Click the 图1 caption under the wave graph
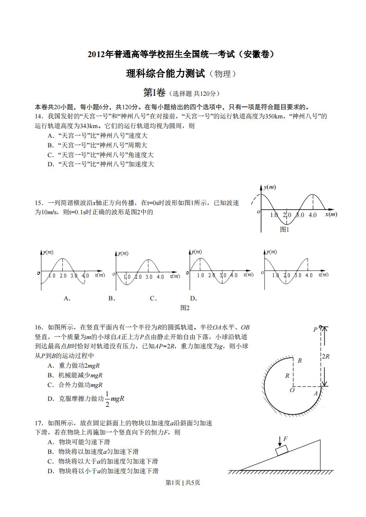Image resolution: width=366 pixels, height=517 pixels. pos(285,229)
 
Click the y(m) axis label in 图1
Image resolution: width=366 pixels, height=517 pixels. pos(270,187)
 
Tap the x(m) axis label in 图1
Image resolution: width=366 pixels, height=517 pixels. pos(331,214)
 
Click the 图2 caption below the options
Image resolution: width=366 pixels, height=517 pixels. pos(185,308)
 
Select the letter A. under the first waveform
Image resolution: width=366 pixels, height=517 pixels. pos(67,298)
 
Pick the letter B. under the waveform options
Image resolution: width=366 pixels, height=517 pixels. pos(111,298)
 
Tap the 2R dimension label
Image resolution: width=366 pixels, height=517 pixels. pos(325,356)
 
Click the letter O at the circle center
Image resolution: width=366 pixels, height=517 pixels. pos(292,390)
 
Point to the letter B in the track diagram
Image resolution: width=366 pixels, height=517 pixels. pos(299,360)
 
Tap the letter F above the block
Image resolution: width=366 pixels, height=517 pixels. pos(285,439)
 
